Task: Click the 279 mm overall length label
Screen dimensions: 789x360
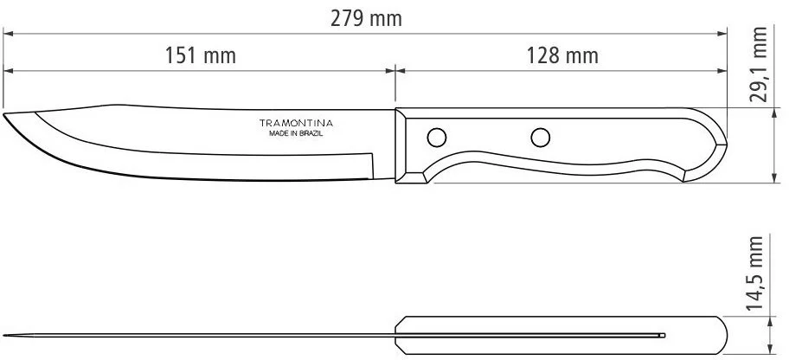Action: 366,19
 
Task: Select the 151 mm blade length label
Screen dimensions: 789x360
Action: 200,55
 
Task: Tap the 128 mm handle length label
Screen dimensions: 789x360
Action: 562,55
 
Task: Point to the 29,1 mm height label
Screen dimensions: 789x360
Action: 759,64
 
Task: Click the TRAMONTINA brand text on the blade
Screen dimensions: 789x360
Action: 296,123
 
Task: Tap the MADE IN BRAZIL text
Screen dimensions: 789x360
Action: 296,134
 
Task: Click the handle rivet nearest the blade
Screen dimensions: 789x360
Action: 436,138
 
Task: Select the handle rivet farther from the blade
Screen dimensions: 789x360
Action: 541,138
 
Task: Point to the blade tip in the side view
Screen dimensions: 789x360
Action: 3,114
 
